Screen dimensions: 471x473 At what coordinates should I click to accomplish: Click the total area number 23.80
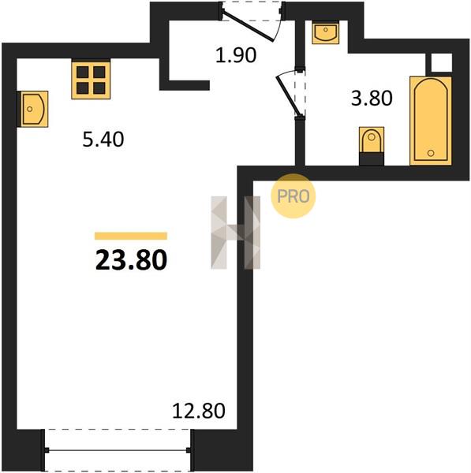[131, 260]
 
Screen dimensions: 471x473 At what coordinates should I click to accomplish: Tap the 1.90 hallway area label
[236, 55]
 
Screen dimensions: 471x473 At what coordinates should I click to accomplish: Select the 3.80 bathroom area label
[372, 98]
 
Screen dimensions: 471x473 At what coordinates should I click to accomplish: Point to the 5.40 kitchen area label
[103, 140]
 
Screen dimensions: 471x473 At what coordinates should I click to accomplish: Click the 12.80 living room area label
[199, 411]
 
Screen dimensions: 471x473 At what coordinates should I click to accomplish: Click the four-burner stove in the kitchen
[91, 79]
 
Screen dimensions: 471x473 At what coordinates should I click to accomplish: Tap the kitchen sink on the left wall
[33, 109]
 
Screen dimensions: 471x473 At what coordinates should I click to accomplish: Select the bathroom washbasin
[326, 32]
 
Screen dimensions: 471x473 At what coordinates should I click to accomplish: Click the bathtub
[431, 121]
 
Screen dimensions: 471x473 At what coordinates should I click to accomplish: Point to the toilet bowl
[372, 140]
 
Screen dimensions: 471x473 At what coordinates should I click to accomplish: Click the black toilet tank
[372, 159]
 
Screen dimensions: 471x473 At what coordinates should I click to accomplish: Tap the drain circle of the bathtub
[431, 153]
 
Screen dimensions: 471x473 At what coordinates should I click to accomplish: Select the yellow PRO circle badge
[293, 196]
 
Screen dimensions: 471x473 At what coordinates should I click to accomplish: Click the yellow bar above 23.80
[131, 236]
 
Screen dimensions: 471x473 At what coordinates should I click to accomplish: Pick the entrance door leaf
[248, 26]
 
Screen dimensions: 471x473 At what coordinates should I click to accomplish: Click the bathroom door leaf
[288, 96]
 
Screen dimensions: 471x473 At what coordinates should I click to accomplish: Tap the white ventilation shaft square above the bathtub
[441, 63]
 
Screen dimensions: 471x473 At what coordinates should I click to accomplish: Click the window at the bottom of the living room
[118, 450]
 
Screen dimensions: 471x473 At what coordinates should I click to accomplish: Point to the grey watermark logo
[235, 233]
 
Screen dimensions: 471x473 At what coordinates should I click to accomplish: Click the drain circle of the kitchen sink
[30, 109]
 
